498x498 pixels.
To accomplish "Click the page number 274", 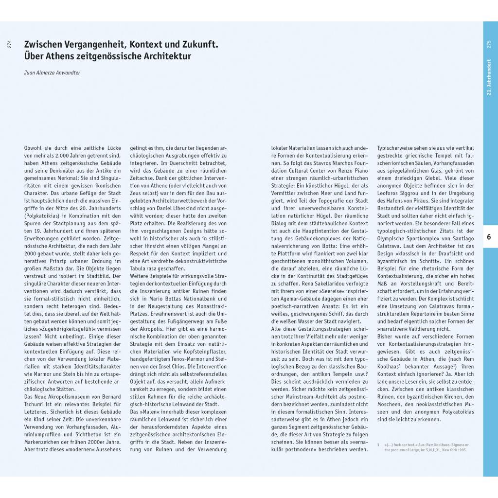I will click(x=10, y=44).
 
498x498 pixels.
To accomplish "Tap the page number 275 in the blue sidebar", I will click(x=489, y=44).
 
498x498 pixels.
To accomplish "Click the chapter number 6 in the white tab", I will click(x=489, y=237).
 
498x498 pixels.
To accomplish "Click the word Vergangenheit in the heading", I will click(x=92, y=45).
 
